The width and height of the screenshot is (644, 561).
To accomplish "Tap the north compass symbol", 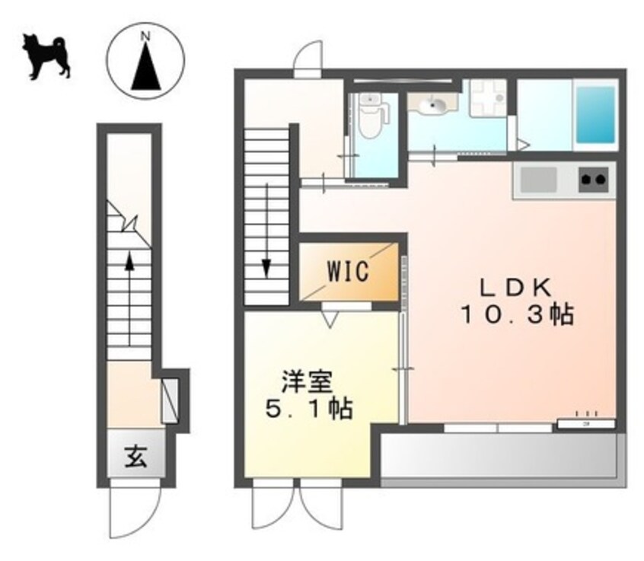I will click(x=145, y=61).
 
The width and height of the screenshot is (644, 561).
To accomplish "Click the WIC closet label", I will click(x=348, y=271).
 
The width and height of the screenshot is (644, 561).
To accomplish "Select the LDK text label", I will click(x=514, y=287).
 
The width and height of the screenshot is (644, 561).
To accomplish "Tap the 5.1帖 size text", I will click(x=308, y=410).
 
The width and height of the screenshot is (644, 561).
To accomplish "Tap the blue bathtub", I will click(x=595, y=115).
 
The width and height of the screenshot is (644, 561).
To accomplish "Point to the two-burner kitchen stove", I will click(x=594, y=180).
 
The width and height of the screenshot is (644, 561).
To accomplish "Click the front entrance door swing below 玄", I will click(x=135, y=510).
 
